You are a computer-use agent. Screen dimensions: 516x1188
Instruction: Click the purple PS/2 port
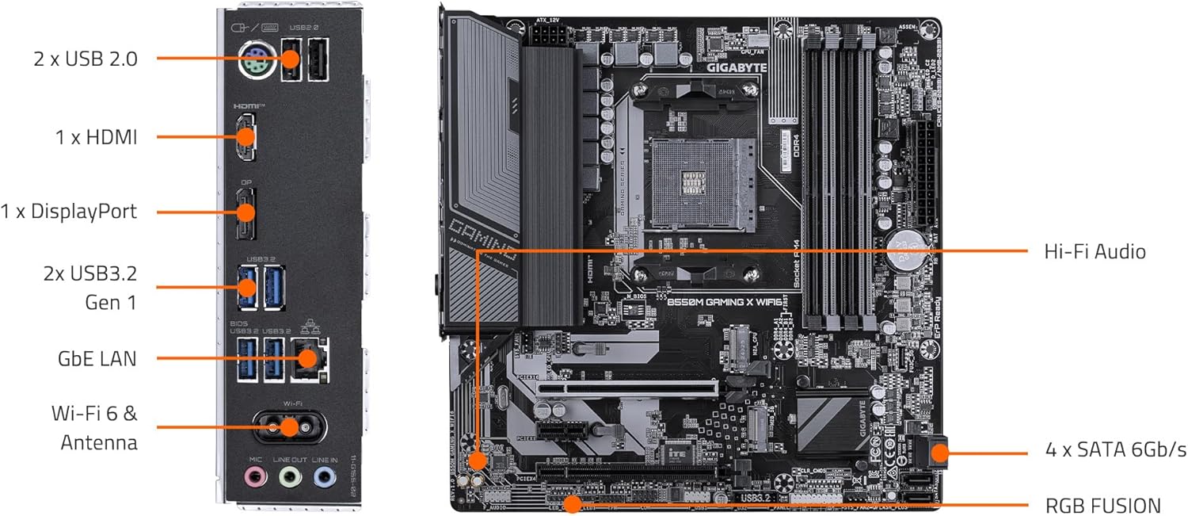pyautogui.click(x=257, y=59)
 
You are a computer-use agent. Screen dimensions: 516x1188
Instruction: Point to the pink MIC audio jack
pyautogui.click(x=254, y=477)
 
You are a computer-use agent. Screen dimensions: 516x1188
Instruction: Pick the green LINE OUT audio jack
pyautogui.click(x=290, y=477)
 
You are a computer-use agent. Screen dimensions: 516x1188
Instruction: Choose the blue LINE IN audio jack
pyautogui.click(x=324, y=477)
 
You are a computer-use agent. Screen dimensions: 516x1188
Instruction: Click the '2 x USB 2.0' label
pyautogui.click(x=86, y=58)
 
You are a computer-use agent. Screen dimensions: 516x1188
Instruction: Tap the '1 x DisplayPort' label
pyautogui.click(x=69, y=212)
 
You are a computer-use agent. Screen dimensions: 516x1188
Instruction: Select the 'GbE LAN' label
pyautogui.click(x=97, y=358)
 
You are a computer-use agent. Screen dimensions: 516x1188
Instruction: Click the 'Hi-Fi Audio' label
pyautogui.click(x=1095, y=252)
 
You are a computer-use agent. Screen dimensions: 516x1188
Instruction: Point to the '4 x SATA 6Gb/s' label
pyautogui.click(x=1115, y=450)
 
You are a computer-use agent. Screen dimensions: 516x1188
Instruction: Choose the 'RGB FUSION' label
pyautogui.click(x=1103, y=505)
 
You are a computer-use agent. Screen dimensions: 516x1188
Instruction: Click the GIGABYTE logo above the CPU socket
pyautogui.click(x=737, y=67)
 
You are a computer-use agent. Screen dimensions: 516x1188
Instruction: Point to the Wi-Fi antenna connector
pyautogui.click(x=288, y=427)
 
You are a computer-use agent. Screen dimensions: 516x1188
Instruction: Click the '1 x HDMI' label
pyautogui.click(x=97, y=137)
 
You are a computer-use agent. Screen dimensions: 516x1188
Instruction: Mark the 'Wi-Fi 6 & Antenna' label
pyautogui.click(x=94, y=427)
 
